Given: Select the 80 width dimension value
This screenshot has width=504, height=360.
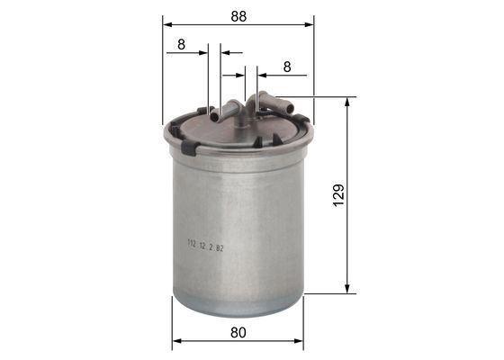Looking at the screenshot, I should click(238, 332).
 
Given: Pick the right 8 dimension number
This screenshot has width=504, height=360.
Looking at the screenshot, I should click(287, 66).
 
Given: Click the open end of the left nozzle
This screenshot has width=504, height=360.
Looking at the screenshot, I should click(215, 116).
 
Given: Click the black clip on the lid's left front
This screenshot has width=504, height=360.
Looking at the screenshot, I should click(188, 144).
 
